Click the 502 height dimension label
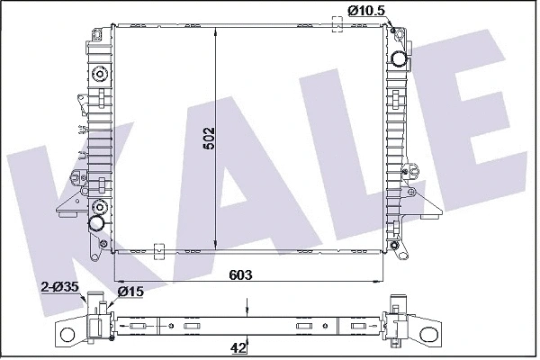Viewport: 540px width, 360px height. [209, 137]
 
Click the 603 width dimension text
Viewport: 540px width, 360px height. [239, 274]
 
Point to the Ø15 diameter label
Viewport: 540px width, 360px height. [132, 292]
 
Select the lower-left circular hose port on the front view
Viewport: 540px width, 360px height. [98, 222]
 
